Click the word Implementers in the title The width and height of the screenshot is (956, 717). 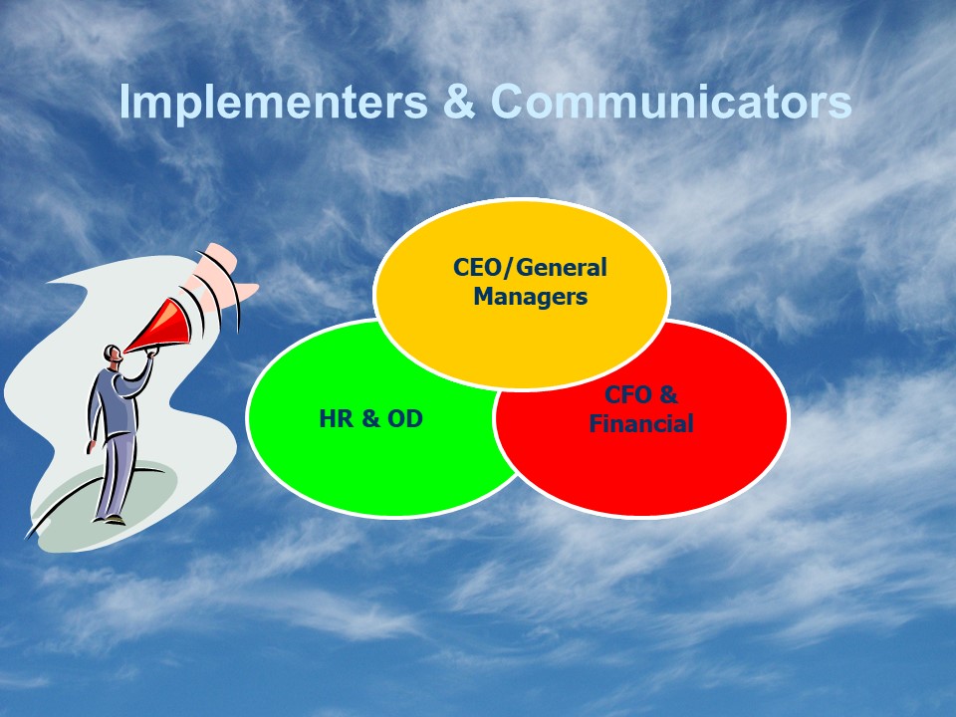[x=273, y=103]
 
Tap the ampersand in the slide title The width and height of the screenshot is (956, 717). [x=459, y=102]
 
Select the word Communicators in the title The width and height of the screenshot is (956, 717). [x=671, y=102]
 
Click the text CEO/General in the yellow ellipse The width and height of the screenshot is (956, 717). [x=530, y=268]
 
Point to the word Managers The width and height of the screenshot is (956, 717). [x=531, y=297]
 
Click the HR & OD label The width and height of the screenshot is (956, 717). [x=370, y=419]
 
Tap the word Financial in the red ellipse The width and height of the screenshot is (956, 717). [x=640, y=424]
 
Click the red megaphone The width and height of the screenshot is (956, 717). [x=159, y=327]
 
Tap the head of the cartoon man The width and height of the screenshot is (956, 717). [x=113, y=355]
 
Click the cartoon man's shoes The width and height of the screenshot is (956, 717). [x=110, y=520]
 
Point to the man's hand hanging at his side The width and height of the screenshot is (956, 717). [x=91, y=446]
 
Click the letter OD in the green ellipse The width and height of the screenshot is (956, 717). [x=405, y=419]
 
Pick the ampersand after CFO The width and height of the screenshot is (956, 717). [x=668, y=395]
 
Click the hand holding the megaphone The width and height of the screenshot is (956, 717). [x=150, y=352]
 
